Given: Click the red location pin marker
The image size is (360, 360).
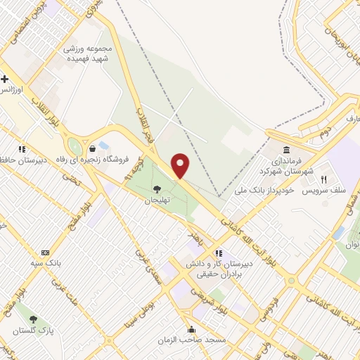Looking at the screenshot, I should (x=181, y=166).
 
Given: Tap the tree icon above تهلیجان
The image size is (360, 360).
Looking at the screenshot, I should (x=156, y=188).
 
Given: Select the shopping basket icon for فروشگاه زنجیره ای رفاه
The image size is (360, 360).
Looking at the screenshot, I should (x=93, y=148).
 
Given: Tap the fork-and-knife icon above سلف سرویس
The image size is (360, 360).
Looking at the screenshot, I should (x=324, y=179).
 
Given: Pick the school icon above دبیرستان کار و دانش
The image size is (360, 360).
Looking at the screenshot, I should (x=219, y=252).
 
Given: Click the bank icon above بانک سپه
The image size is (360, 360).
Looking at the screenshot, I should (x=46, y=252).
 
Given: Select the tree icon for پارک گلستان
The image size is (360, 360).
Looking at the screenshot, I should (x=32, y=319).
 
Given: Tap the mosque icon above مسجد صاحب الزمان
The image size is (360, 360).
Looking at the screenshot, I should (x=191, y=329).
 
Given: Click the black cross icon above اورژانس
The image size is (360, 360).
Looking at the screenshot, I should (x=5, y=79).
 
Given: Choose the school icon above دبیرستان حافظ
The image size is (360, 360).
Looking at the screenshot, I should (x=22, y=149).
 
